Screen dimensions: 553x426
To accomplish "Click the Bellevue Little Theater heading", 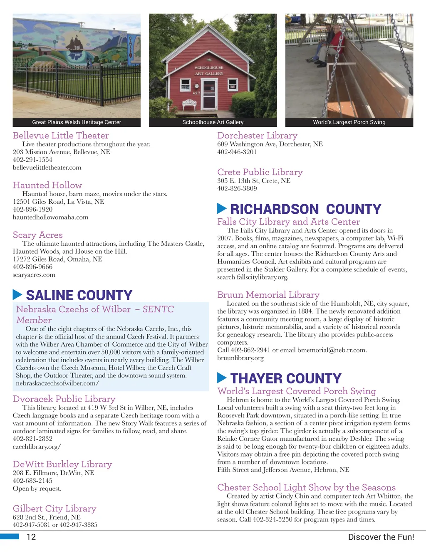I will pyautogui.click(x=61, y=136).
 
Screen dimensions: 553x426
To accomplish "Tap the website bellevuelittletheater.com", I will pyautogui.click(x=47, y=168).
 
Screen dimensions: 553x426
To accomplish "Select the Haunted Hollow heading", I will pyautogui.click(x=47, y=185).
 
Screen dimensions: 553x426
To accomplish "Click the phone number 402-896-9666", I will pyautogui.click(x=32, y=267).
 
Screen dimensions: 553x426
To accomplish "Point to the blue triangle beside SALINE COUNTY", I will pyautogui.click(x=17, y=295).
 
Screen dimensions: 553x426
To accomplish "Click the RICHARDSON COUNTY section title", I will pyautogui.click(x=306, y=209).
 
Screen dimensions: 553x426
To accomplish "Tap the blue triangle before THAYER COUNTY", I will pyautogui.click(x=222, y=378).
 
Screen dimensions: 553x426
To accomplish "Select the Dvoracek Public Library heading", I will pyautogui.click(x=64, y=399).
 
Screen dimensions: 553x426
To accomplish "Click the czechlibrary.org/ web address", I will pyautogui.click(x=37, y=447).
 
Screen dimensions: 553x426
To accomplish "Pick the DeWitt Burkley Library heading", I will pyautogui.click(x=62, y=464).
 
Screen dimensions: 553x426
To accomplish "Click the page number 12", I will pyautogui.click(x=31, y=537).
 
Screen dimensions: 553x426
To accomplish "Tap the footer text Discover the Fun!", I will pyautogui.click(x=381, y=537).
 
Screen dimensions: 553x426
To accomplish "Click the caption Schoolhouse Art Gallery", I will pyautogui.click(x=213, y=122).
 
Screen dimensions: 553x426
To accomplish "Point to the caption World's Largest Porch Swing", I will pyautogui.click(x=349, y=122).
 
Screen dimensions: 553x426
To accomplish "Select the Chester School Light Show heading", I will pyautogui.click(x=307, y=487).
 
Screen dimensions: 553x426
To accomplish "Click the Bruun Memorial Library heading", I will pyautogui.click(x=268, y=295).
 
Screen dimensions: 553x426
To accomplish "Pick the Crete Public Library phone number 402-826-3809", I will pyautogui.click(x=237, y=188).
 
